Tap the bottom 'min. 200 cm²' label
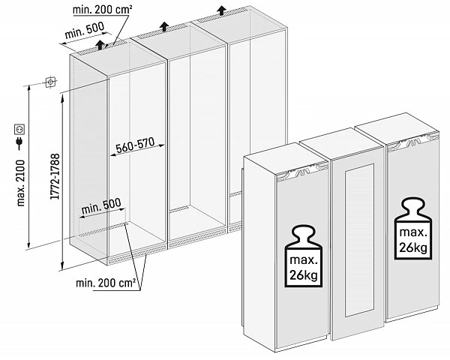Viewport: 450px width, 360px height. [x=106, y=283]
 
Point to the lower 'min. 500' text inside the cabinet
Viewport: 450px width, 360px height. [x=101, y=205]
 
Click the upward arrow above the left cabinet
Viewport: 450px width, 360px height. [x=99, y=44]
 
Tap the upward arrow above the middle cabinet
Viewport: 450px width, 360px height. [x=163, y=27]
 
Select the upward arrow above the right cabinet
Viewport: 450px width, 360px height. [x=221, y=10]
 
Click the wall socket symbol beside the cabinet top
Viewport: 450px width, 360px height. [x=50, y=82]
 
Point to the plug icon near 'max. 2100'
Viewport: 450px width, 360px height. [x=17, y=142]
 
